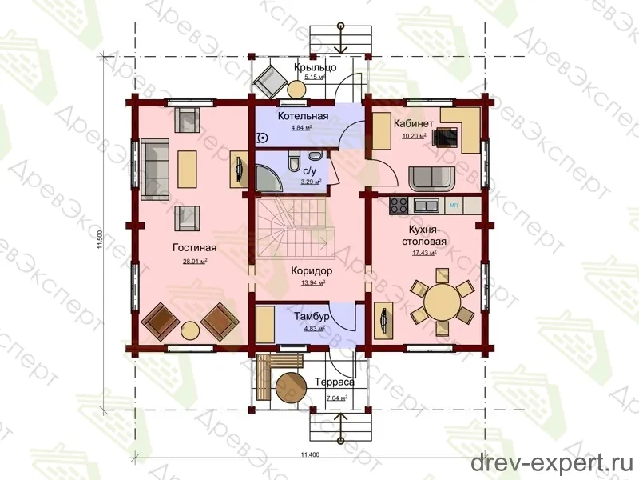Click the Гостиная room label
[194, 248]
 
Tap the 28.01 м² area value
[195, 262]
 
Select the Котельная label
[303, 116]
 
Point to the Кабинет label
[413, 123]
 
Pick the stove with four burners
[399, 206]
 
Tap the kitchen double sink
[427, 205]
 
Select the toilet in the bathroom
[293, 161]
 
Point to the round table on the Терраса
[291, 386]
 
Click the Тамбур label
[312, 316]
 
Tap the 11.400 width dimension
[310, 454]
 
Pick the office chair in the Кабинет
[445, 136]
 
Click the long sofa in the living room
[155, 169]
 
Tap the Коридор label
[312, 270]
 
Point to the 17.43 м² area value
[424, 253]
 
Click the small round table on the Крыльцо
[296, 89]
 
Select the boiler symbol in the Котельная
[263, 138]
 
